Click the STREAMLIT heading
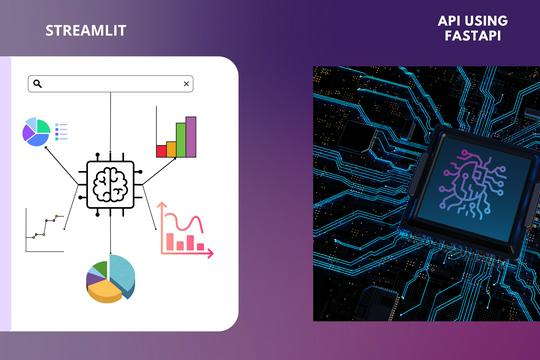click(85, 30)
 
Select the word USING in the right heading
click(487, 20)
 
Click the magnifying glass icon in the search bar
click(37, 85)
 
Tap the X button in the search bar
click(186, 85)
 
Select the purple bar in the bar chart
click(191, 137)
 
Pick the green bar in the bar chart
click(181, 141)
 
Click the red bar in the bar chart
click(161, 151)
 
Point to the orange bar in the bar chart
click(171, 149)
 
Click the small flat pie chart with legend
click(36, 131)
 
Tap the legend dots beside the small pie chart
click(60, 131)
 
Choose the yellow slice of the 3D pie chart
click(104, 291)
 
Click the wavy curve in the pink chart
click(184, 222)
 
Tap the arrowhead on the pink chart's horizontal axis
click(210, 254)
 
